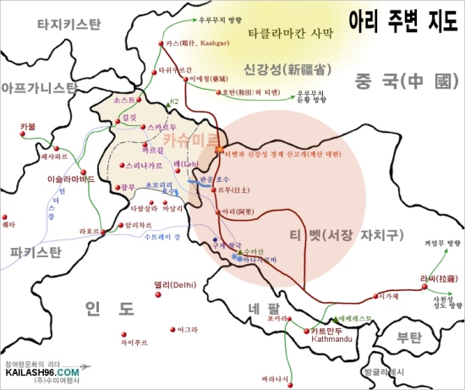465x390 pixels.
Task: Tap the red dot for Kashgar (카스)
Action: click(x=161, y=41)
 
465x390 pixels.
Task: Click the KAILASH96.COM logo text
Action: click(x=42, y=371)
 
